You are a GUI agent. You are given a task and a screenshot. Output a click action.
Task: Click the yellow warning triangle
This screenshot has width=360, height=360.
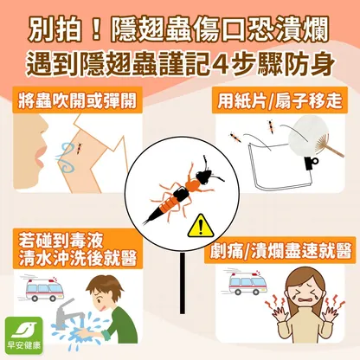point(201,227)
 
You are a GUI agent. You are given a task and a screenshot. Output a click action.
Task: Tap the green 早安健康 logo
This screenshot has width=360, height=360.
point(24,336)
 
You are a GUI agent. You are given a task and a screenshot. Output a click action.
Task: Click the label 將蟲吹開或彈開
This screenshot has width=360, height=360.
point(77,100)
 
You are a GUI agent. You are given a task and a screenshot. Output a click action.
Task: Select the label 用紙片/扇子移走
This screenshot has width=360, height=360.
point(280,100)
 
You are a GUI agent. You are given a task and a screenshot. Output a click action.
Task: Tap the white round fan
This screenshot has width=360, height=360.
point(307,135)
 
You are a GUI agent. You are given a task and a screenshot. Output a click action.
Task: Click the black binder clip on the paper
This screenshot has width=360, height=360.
point(311,164)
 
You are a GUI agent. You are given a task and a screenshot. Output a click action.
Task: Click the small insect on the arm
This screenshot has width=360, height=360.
point(79,148)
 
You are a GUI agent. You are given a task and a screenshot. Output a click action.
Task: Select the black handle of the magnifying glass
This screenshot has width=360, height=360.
point(183,283)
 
